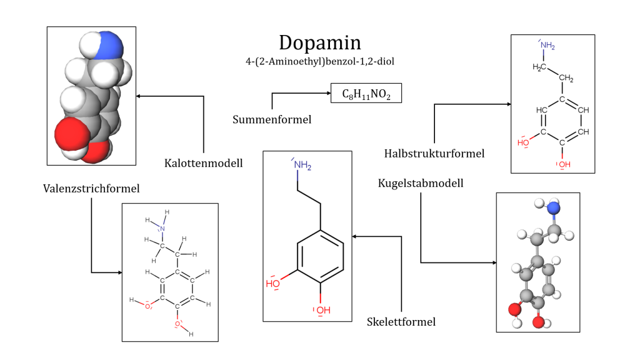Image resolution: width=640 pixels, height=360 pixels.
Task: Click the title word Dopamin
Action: point(320,42)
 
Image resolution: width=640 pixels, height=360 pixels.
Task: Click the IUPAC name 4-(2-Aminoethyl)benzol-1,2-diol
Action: point(320,61)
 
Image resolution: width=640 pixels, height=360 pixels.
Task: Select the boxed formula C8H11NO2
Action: point(366,94)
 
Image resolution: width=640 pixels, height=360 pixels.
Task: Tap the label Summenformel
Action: point(271,119)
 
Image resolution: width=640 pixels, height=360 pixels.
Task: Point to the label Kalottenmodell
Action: point(204,163)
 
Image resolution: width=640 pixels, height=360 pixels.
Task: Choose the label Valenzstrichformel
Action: point(91,188)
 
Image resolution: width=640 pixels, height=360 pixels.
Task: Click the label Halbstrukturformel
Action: point(435,153)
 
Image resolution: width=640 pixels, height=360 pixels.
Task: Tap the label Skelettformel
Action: point(401,322)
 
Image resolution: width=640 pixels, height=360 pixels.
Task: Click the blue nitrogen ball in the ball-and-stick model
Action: point(554,209)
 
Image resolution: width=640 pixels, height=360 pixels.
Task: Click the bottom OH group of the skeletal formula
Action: point(322,310)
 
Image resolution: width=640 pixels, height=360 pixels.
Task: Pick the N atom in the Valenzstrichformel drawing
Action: point(162,229)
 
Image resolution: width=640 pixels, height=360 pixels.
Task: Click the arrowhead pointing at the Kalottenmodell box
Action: point(139,96)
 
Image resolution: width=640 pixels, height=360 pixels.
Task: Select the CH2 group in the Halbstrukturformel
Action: point(566,79)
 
